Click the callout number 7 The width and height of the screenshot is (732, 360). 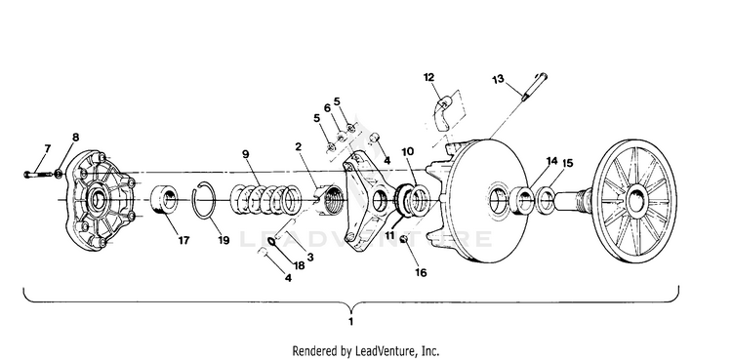coord(47,148)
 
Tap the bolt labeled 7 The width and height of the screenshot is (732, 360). coord(38,175)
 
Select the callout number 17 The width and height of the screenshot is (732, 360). coord(183,240)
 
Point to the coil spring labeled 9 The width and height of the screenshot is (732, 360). coord(266,199)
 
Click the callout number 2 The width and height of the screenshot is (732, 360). coord(299,147)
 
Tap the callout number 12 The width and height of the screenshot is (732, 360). coord(429,77)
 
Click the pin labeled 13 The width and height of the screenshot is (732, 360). coord(534,87)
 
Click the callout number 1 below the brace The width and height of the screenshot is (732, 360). coord(350,322)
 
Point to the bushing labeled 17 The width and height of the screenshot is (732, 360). coord(164,199)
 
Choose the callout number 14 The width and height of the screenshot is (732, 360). coord(551,161)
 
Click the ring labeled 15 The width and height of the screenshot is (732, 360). coord(547,200)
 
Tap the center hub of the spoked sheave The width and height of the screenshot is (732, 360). coord(635,200)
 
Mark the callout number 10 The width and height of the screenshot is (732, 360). coord(407,152)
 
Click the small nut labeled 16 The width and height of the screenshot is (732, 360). coord(404,239)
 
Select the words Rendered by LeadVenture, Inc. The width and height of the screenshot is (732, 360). coord(366,350)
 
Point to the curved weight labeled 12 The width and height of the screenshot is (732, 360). coord(441,112)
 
